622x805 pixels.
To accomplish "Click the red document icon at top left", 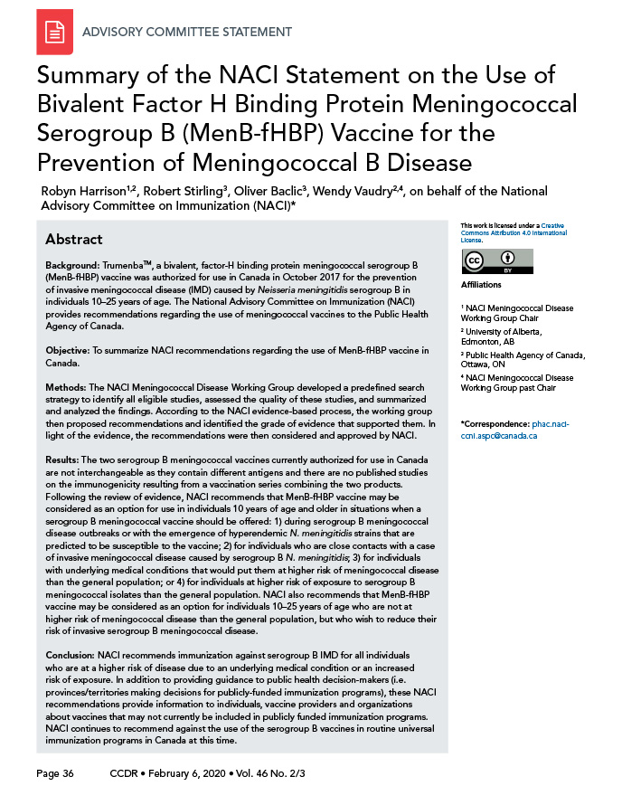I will tap(54, 33).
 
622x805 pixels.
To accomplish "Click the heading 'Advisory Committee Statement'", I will tap(186, 33).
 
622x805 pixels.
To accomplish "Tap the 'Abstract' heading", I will tap(74, 240).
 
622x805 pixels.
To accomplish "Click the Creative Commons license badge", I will tap(485, 262).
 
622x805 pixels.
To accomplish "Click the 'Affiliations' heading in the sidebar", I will tap(481, 285).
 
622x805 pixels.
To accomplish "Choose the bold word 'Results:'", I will tap(69, 460).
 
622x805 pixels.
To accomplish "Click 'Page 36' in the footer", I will tap(56, 774).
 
